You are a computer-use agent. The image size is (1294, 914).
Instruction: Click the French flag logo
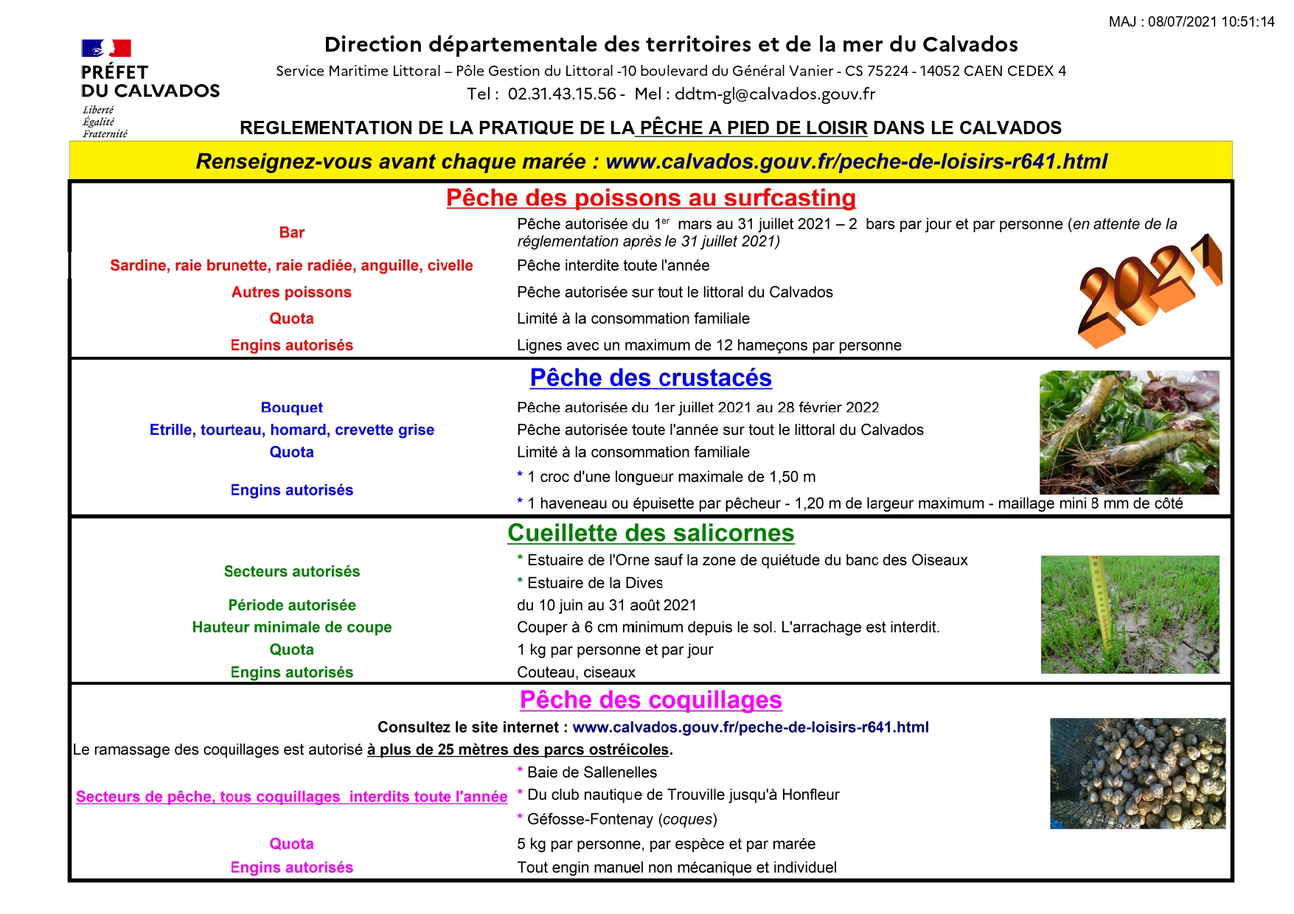tap(105, 49)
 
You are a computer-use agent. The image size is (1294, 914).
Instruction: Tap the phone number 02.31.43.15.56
tap(562, 94)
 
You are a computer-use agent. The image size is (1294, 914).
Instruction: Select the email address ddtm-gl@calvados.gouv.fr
tap(775, 94)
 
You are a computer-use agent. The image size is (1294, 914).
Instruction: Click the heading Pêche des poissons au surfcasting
tap(650, 198)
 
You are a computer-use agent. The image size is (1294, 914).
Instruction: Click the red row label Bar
tap(292, 233)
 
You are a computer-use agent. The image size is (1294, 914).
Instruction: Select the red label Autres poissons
tap(291, 293)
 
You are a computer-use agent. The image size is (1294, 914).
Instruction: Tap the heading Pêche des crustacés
tap(650, 378)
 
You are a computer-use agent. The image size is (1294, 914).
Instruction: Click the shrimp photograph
tap(1129, 432)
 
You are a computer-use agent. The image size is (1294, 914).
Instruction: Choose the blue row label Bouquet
tap(291, 408)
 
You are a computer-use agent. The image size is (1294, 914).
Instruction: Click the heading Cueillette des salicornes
tap(650, 533)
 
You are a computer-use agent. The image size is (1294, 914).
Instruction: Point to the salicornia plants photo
tap(1130, 614)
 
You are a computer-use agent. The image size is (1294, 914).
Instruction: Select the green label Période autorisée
tap(292, 605)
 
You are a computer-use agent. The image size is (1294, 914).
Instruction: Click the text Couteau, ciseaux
tap(576, 672)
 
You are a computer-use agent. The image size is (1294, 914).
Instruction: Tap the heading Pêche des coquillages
tap(650, 700)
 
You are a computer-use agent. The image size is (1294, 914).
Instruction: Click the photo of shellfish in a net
tap(1138, 773)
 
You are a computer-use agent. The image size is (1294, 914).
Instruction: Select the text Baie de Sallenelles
tap(591, 772)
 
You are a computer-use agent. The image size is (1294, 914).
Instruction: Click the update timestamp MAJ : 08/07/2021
tap(1191, 22)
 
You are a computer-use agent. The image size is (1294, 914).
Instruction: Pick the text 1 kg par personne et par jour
tap(615, 650)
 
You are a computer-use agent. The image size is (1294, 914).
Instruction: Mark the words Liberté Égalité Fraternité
tap(105, 122)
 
